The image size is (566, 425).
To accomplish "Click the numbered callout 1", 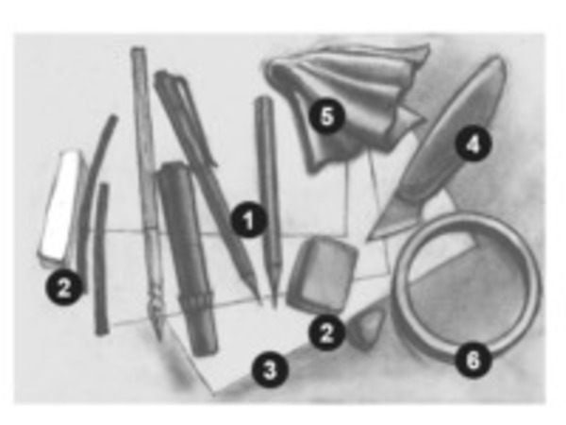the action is click(249, 220).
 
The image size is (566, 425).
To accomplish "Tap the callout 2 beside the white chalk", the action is click(64, 288).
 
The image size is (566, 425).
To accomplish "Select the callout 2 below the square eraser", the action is click(326, 332).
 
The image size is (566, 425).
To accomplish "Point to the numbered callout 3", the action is click(270, 370).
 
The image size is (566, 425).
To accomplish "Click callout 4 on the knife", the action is click(474, 144).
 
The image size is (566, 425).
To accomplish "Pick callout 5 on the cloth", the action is click(326, 116).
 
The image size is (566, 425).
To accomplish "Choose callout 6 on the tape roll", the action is click(474, 360).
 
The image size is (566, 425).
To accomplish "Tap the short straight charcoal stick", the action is click(102, 259).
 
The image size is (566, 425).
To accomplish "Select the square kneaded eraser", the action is click(322, 273).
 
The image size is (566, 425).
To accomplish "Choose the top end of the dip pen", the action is click(138, 50).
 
